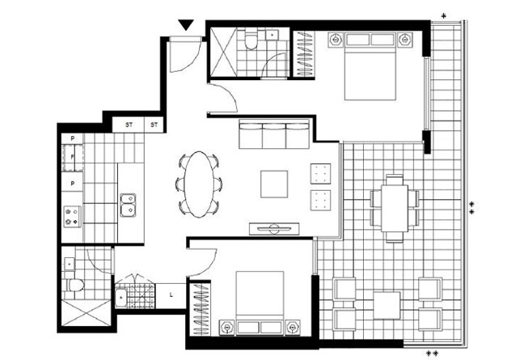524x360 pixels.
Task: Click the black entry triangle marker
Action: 186,24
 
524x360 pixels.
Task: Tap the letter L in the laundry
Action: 171,294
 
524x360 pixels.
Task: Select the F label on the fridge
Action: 72,157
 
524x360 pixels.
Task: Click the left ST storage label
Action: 129,125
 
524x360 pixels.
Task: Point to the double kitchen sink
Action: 128,205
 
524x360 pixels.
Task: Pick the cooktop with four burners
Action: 72,216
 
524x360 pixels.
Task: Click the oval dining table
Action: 199,184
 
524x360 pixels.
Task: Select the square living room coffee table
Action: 274,184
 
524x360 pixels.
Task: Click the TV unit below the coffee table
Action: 274,229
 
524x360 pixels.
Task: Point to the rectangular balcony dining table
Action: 395,208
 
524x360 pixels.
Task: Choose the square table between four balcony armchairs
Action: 387,306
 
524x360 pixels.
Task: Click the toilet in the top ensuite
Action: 251,40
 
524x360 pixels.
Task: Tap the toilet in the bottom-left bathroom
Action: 74,285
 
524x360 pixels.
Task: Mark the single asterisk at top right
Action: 443,15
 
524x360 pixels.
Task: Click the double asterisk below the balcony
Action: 432,354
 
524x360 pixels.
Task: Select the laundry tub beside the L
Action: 120,298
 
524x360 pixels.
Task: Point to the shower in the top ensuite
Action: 223,53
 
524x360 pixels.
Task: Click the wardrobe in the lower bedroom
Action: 201,309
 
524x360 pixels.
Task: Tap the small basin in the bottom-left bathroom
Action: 70,264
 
